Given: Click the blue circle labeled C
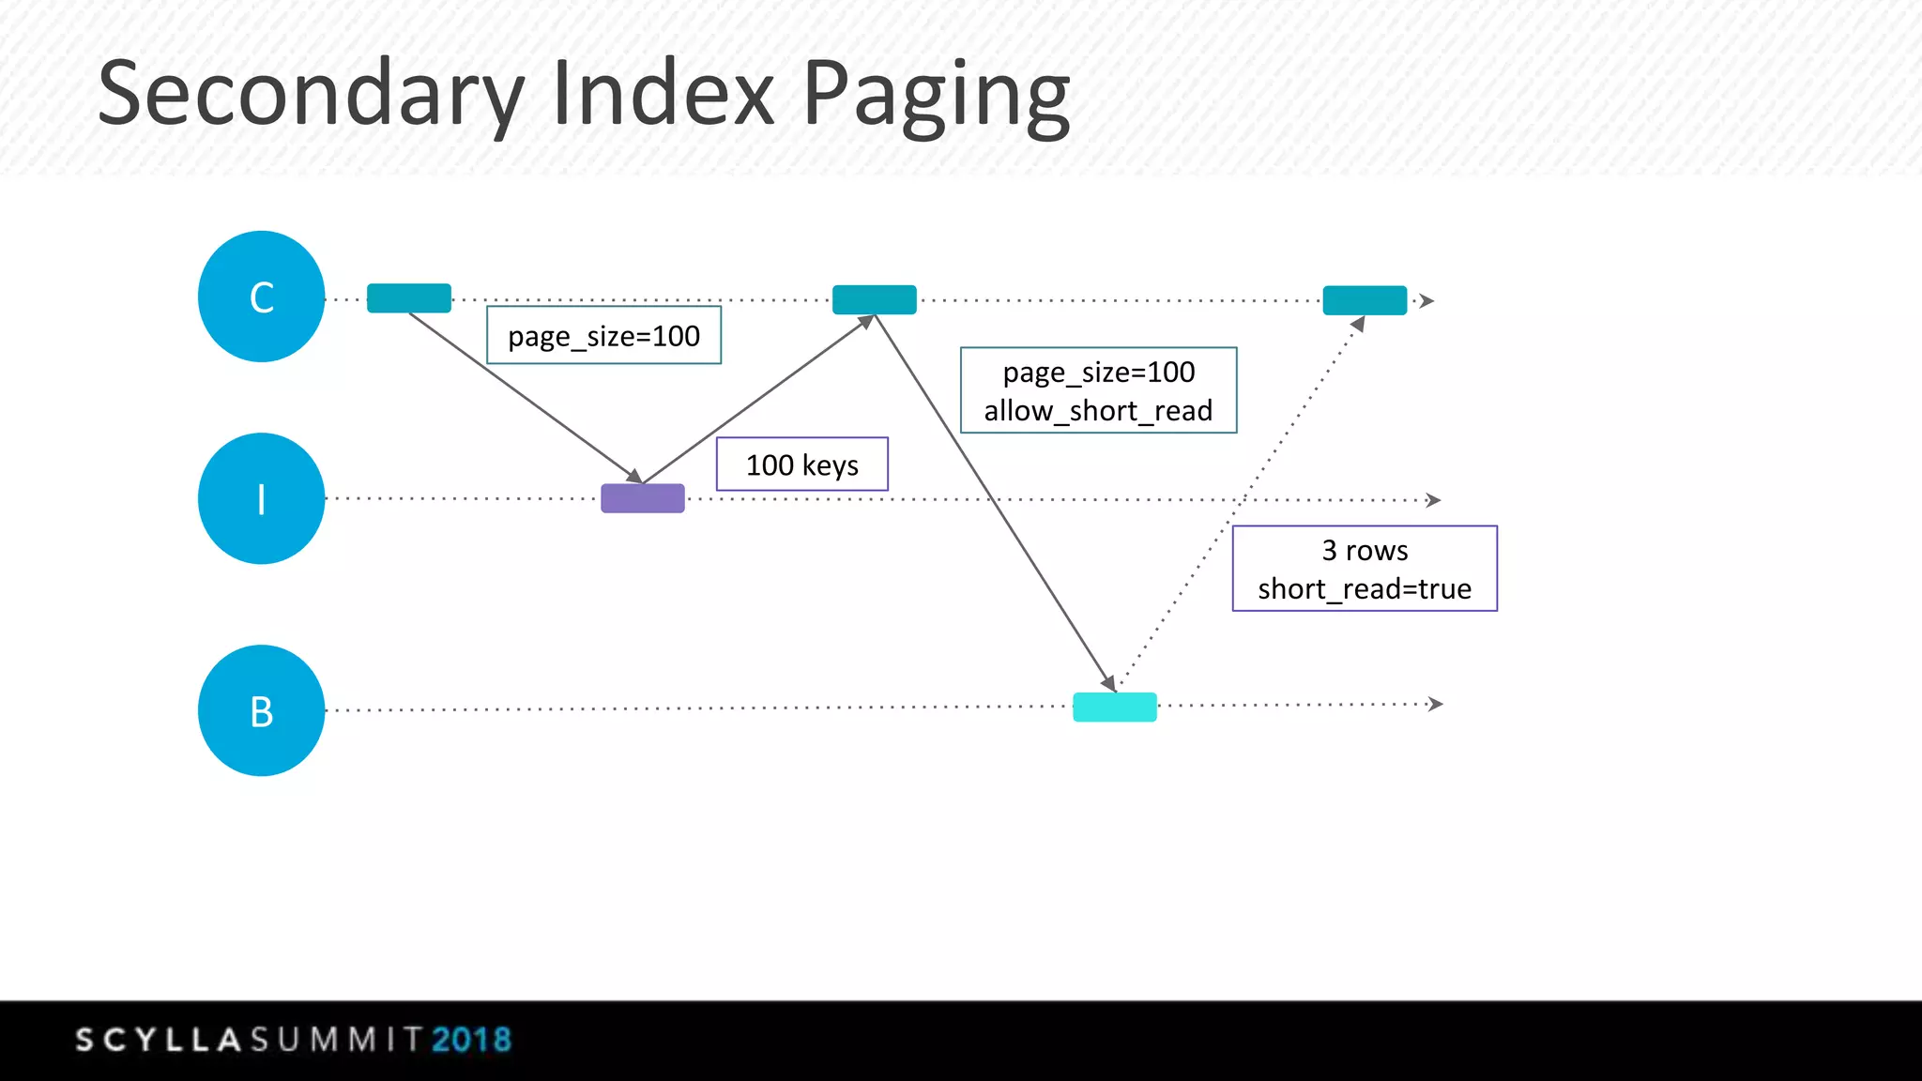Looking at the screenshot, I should click(x=261, y=297).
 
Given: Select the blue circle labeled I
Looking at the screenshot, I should click(x=261, y=498).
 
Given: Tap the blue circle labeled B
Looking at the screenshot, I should click(x=261, y=710).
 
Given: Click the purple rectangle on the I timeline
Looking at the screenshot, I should click(x=643, y=498).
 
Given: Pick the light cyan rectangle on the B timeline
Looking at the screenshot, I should click(x=1114, y=707).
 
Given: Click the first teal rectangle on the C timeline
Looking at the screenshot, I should click(x=409, y=297).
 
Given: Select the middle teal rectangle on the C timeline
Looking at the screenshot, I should click(x=874, y=299).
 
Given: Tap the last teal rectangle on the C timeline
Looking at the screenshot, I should click(x=1365, y=300).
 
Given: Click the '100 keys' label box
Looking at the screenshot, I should click(x=802, y=464).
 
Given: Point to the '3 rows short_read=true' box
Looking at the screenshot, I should click(x=1365, y=569).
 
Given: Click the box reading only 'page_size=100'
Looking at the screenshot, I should click(x=603, y=335).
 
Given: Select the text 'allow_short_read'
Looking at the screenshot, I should click(x=1098, y=411).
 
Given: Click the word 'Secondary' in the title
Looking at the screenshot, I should click(x=310, y=95).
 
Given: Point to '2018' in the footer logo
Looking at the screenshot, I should click(x=471, y=1040).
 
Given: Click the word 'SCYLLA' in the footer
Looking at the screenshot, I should click(x=160, y=1040).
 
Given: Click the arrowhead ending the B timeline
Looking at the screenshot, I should click(x=1435, y=704).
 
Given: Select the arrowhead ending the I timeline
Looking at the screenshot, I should click(x=1433, y=500).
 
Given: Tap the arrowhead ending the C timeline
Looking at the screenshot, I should click(x=1426, y=301).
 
